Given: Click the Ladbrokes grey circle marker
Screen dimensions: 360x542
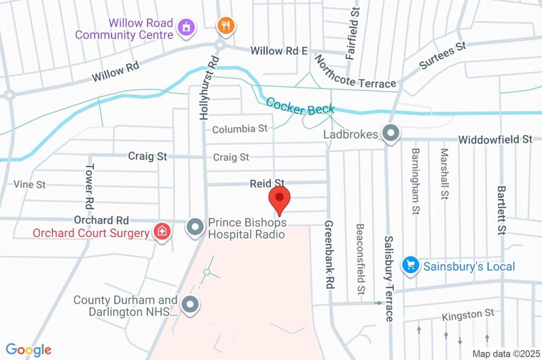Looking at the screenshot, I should point(391,134).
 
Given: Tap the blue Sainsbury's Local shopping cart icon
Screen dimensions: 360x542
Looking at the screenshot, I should point(411,266).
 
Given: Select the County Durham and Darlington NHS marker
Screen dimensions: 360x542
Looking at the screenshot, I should point(189,304).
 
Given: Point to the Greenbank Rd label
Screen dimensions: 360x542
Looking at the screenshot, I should point(329,254).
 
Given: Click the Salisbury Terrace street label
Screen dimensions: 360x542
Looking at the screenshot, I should point(389,278).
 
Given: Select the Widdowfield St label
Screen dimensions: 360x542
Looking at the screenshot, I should point(495,140).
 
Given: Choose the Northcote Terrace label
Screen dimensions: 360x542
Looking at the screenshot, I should point(355,73).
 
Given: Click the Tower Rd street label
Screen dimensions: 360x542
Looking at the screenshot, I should point(89,185).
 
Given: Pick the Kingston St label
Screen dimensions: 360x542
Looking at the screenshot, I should point(468,316).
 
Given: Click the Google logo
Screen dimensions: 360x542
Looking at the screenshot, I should point(29,349).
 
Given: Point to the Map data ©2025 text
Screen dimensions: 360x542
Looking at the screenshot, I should point(505,354).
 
